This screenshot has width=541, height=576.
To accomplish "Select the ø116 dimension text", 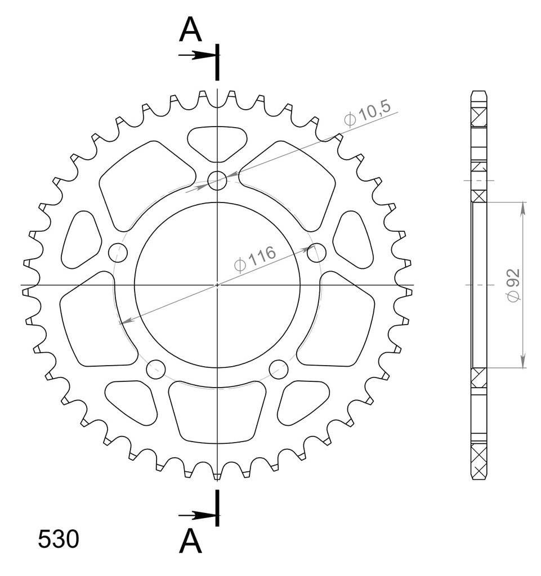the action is (x=255, y=259).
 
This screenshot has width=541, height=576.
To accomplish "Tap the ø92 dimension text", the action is (x=514, y=285).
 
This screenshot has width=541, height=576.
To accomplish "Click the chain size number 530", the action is (x=59, y=539).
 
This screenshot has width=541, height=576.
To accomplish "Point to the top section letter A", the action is (x=190, y=29).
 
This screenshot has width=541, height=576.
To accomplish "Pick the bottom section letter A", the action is (x=190, y=541).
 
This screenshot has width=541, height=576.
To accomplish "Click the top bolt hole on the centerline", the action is (x=217, y=181).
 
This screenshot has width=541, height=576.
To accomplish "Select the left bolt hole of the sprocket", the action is (x=118, y=253).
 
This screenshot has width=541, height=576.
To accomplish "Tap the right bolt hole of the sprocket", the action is (x=316, y=253).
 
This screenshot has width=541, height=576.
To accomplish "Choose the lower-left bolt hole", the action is (x=156, y=369).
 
